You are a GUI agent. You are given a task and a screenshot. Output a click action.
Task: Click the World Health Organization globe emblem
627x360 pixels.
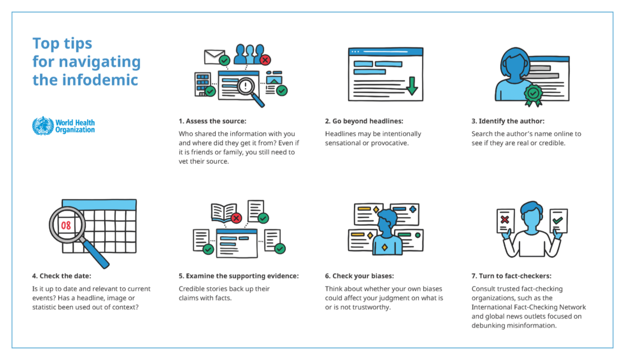click(x=43, y=126)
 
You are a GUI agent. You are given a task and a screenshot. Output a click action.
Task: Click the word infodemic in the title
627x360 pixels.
click(x=100, y=80)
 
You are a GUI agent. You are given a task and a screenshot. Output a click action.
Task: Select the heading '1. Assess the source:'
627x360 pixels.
click(x=212, y=121)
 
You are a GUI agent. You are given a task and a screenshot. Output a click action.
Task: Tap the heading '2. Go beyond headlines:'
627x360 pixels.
click(x=364, y=121)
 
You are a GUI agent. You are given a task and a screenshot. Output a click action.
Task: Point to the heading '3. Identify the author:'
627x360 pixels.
click(x=508, y=121)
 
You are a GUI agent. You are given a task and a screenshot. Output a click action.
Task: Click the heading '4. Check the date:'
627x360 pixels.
click(x=61, y=276)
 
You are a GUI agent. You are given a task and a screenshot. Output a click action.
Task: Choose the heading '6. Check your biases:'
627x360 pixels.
click(x=360, y=276)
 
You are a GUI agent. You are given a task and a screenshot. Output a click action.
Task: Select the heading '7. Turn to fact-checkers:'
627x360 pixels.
click(x=512, y=276)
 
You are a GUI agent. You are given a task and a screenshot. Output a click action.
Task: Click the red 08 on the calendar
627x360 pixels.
click(x=66, y=226)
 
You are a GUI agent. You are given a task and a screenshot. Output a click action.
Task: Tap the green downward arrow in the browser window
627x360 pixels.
click(x=412, y=86)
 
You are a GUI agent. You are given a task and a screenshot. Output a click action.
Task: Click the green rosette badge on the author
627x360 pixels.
click(x=533, y=95)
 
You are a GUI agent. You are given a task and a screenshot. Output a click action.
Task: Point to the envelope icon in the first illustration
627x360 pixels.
click(x=214, y=57)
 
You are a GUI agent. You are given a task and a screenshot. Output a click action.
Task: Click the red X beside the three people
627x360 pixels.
click(x=265, y=60)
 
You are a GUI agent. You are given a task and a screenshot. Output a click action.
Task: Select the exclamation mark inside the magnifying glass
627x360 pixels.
click(x=246, y=85)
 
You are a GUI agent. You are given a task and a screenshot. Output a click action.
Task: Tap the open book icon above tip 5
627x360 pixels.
click(x=224, y=212)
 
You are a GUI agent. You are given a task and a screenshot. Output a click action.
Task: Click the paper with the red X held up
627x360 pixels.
click(x=506, y=221)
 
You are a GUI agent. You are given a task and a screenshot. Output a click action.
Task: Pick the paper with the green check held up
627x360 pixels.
click(x=559, y=221)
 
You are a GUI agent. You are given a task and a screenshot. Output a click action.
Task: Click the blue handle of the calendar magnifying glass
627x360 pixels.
click(x=95, y=254)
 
